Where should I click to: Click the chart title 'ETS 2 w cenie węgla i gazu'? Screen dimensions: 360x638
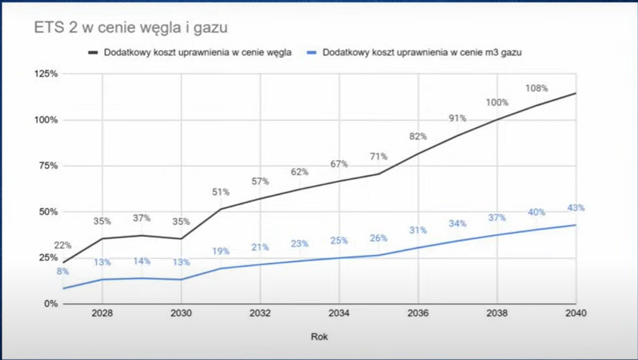(x=131, y=28)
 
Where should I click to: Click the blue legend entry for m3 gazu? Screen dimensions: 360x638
(x=416, y=53)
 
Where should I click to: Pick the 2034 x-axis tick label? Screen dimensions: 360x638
(x=339, y=313)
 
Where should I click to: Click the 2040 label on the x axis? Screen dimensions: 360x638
(x=576, y=313)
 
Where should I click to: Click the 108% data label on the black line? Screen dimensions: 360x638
(x=536, y=88)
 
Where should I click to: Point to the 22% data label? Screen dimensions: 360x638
(x=63, y=245)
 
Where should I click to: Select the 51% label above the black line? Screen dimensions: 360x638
(x=221, y=192)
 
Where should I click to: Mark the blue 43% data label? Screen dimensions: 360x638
(x=576, y=208)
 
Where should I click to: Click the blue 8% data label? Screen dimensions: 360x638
(x=63, y=272)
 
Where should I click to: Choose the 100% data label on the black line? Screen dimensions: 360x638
(x=497, y=103)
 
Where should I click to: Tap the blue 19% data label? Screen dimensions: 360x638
(x=221, y=252)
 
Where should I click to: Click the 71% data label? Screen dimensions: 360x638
(x=379, y=157)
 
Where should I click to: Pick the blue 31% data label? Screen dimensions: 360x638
(x=418, y=230)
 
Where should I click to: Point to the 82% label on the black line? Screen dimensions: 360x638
(x=418, y=136)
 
